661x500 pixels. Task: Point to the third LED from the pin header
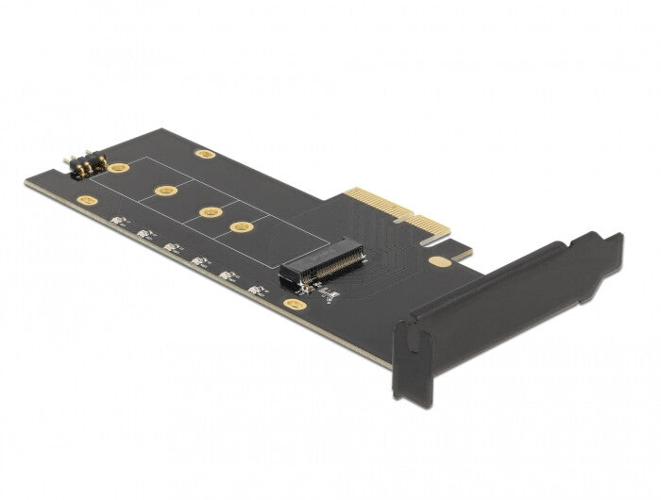(x=172, y=247)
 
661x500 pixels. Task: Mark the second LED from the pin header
(x=144, y=234)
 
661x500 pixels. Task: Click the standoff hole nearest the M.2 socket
(x=243, y=226)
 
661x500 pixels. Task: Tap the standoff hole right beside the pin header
(x=118, y=169)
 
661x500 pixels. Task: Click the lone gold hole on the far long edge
(x=205, y=153)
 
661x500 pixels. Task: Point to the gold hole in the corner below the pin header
(x=87, y=201)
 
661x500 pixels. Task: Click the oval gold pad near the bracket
(x=437, y=261)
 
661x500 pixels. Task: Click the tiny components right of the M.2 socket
(x=328, y=294)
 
